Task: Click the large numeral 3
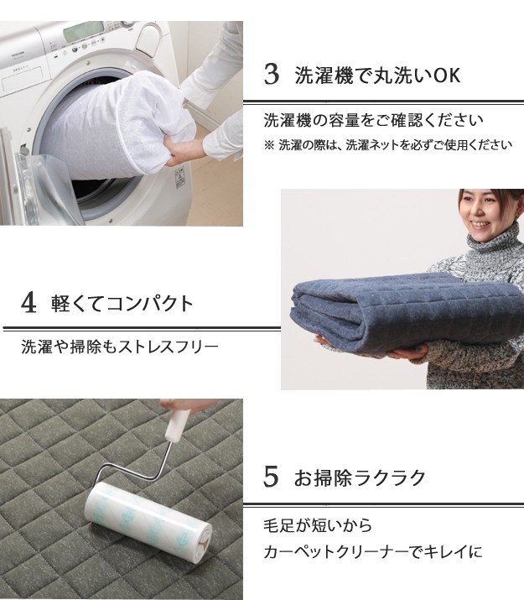coord(272,74)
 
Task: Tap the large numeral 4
coord(29,302)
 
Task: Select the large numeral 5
coord(271,477)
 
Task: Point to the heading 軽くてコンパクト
coord(122,304)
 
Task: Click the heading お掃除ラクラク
coord(360,477)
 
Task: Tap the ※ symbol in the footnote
coord(269,145)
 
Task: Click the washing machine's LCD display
coord(83,31)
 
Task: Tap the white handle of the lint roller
coord(177,424)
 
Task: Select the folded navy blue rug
coord(405,312)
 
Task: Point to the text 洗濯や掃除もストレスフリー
coord(120,347)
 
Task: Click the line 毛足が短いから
coord(318,525)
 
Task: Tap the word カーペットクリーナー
coord(336,552)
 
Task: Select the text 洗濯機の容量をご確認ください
coord(373,120)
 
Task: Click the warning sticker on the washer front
coord(180,179)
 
